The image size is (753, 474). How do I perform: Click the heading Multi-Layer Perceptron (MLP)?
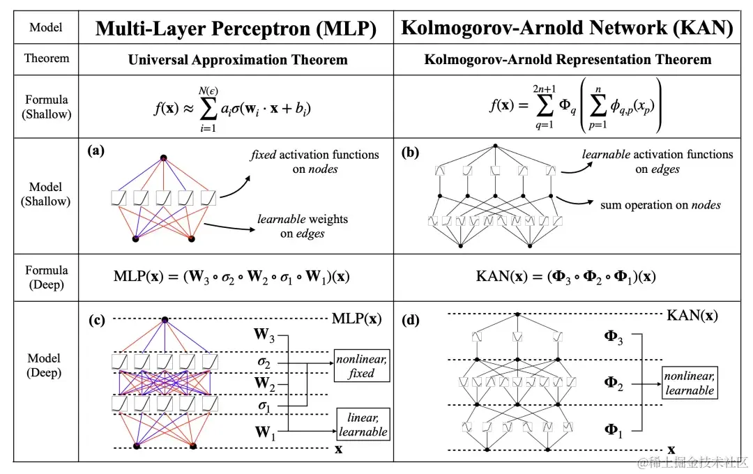tap(236, 28)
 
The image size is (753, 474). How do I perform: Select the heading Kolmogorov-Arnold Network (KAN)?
tap(567, 28)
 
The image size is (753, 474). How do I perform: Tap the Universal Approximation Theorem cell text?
tap(237, 60)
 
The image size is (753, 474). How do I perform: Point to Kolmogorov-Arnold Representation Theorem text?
tap(568, 59)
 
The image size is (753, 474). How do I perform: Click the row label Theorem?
tap(47, 59)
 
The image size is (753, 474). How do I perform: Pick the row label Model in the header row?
tap(46, 28)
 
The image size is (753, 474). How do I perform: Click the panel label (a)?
tap(96, 150)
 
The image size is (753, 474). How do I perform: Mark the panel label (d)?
tap(411, 321)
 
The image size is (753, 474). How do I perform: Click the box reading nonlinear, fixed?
tap(361, 366)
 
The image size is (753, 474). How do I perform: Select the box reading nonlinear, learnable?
tap(689, 383)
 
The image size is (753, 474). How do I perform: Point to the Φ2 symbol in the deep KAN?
tap(613, 383)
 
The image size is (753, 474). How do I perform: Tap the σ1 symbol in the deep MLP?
tap(264, 406)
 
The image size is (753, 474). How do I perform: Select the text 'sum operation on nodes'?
tap(660, 205)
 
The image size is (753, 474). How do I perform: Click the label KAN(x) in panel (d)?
tap(692, 315)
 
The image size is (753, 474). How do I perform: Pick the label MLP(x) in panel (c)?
tap(356, 319)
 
